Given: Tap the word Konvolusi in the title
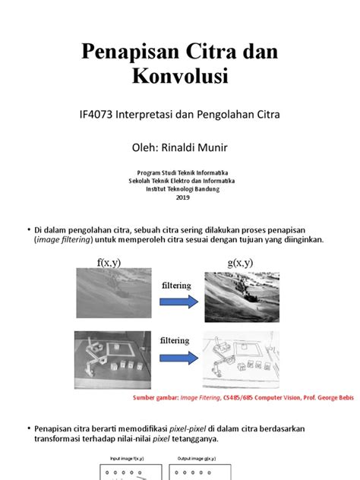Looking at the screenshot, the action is pos(179,76).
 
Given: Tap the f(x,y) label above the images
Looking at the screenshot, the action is pos(109,264).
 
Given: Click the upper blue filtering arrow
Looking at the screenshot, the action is pos(181,301).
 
